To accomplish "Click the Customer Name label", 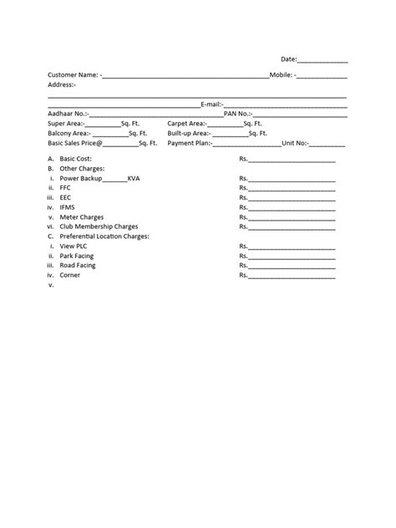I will [73, 75].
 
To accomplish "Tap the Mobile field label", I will [282, 75].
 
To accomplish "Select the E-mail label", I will [211, 104].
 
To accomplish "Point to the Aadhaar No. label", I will [67, 114].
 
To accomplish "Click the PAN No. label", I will [237, 114].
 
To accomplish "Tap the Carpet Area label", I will [186, 124].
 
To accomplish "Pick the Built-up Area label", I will [188, 134].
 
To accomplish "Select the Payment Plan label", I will [190, 144].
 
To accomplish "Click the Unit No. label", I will [296, 144].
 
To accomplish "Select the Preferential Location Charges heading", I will [104, 236].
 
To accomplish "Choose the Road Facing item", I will [78, 265].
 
